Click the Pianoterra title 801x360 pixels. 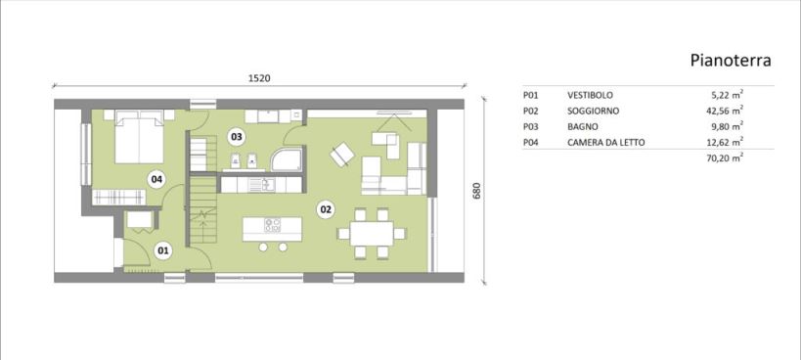[x=730, y=61]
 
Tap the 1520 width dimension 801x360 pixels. [x=258, y=78]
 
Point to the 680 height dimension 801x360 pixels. [x=477, y=191]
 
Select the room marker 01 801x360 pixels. [x=163, y=250]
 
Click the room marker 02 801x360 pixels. [x=326, y=208]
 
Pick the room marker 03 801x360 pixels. [x=236, y=137]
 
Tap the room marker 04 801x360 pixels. [x=156, y=179]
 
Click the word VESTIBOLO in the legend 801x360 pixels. [x=590, y=95]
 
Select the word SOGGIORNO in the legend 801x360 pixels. [x=593, y=111]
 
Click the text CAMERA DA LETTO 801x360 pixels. [x=605, y=143]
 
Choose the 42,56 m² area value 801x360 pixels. [x=722, y=111]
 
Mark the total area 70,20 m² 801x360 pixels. [x=722, y=158]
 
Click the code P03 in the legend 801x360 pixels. [x=530, y=126]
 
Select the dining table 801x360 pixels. [x=372, y=234]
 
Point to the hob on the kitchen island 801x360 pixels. [x=272, y=225]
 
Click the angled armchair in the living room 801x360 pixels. [x=341, y=154]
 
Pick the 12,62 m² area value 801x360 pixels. [x=722, y=142]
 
